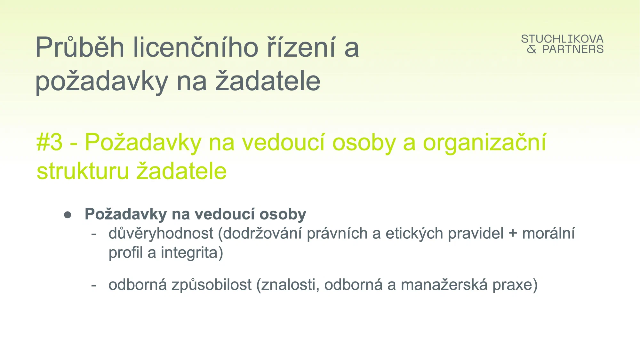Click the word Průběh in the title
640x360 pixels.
tap(80, 47)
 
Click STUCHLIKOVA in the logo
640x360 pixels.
tap(562, 39)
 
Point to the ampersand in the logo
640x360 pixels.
tap(532, 49)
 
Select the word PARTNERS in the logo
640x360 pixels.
tap(573, 49)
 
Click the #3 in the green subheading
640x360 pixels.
tap(50, 142)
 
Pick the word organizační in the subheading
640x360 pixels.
tap(485, 143)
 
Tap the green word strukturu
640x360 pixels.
tap(83, 171)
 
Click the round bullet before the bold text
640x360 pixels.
tap(68, 215)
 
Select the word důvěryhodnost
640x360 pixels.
tap(161, 234)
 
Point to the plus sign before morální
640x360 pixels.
tap(513, 233)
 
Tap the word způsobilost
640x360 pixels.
tap(212, 285)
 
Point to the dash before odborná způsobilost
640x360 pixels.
tap(94, 285)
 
